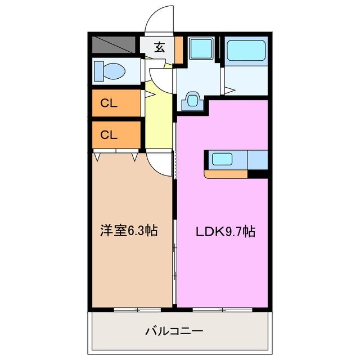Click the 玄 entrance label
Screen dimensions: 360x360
pos(159,48)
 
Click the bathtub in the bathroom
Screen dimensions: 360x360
pos(245,51)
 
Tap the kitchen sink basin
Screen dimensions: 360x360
pos(222,159)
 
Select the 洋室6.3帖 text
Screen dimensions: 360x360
pos(128,231)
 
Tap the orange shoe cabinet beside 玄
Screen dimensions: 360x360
pos(178,49)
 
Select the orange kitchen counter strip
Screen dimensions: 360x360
pos(226,174)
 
